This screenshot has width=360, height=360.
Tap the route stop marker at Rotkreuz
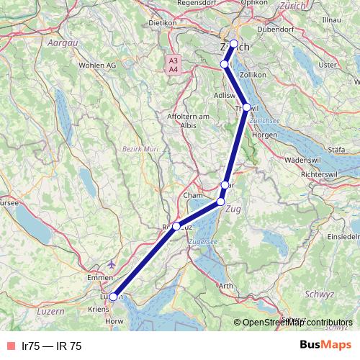point(176,226)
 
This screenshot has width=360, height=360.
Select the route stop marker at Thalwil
point(246,107)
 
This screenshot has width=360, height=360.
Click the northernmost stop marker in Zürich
point(234,44)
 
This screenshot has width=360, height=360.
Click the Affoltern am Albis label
point(187,120)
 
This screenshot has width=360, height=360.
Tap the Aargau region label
point(61,43)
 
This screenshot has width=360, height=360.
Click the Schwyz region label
point(320,294)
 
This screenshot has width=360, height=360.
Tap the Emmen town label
point(99,277)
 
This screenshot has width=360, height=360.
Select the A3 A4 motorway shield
point(174,65)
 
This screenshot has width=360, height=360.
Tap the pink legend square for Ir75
point(10,346)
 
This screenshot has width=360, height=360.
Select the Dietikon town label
point(162,22)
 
